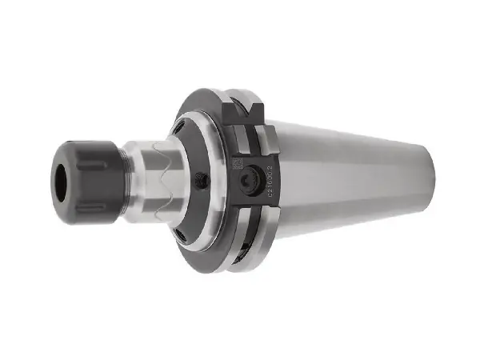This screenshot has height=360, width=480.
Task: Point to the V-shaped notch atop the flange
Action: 258,109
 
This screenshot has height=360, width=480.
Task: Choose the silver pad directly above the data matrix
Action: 238,138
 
